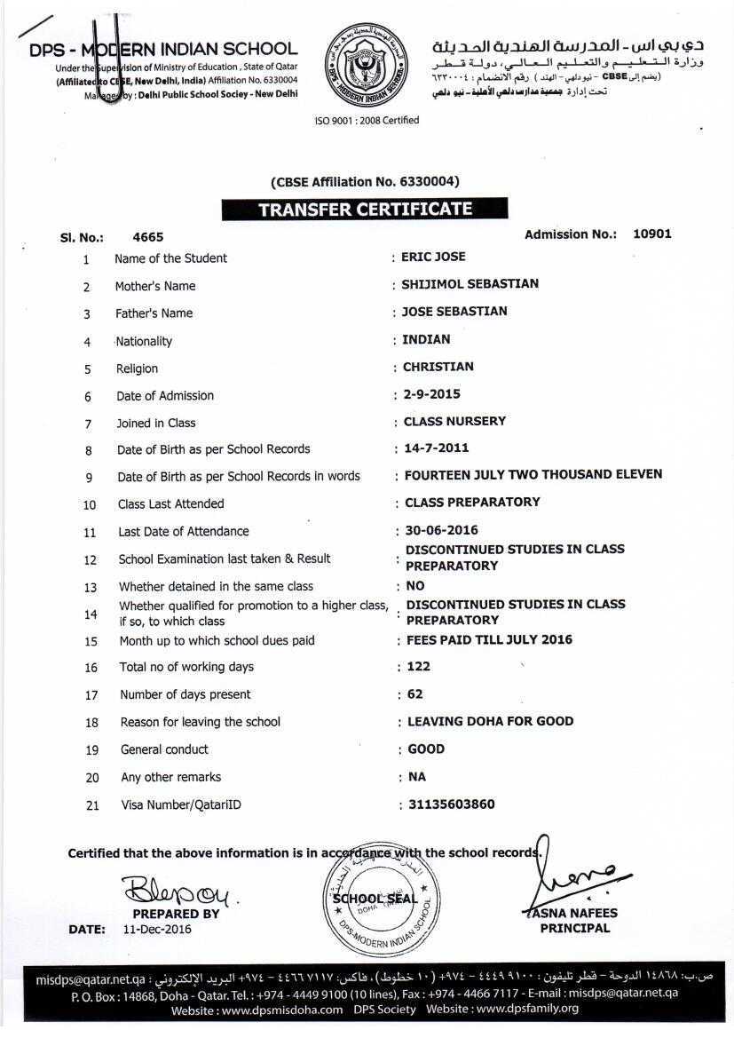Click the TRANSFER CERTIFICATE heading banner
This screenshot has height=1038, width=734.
(365, 210)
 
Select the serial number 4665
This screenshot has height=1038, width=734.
(147, 237)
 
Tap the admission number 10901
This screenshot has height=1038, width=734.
(651, 234)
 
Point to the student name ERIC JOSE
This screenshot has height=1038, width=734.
(433, 257)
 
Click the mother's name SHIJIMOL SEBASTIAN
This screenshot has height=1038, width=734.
(470, 284)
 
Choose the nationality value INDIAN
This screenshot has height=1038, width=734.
(426, 339)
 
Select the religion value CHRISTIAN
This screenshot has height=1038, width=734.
(438, 367)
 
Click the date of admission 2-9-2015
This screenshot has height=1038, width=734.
(431, 394)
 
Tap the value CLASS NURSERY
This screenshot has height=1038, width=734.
(454, 421)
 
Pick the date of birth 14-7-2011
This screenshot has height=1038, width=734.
(436, 448)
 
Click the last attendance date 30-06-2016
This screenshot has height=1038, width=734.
(441, 530)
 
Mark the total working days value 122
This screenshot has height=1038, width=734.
(418, 667)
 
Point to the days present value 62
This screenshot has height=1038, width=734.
(414, 694)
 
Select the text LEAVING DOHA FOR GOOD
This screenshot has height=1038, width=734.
(490, 721)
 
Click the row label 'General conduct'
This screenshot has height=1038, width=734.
(164, 749)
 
